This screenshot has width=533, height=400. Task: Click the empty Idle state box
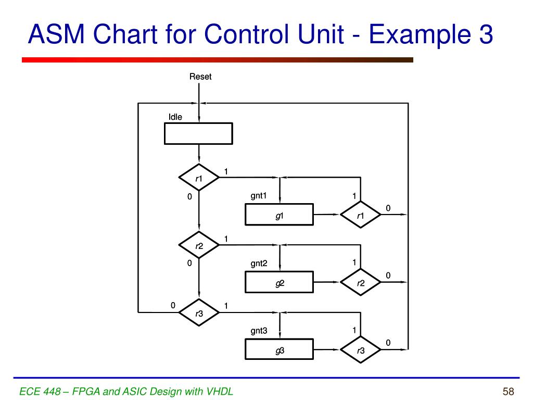[198, 133]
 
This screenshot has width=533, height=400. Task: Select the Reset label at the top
[200, 77]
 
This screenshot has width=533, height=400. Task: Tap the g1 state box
[279, 215]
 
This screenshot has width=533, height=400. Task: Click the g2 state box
[279, 282]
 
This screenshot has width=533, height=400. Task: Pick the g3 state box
[279, 349]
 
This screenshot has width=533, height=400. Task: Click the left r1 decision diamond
[199, 178]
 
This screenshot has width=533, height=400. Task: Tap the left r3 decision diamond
[199, 312]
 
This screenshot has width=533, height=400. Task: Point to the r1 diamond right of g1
[361, 215]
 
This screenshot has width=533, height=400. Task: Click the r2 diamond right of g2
[361, 282]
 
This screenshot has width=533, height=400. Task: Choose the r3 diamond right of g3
[361, 349]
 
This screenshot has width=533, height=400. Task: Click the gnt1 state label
[259, 196]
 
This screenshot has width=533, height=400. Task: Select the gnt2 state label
[259, 264]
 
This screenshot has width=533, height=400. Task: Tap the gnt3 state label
[259, 331]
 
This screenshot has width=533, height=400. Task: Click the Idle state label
[175, 117]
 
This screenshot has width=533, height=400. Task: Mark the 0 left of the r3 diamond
[173, 306]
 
